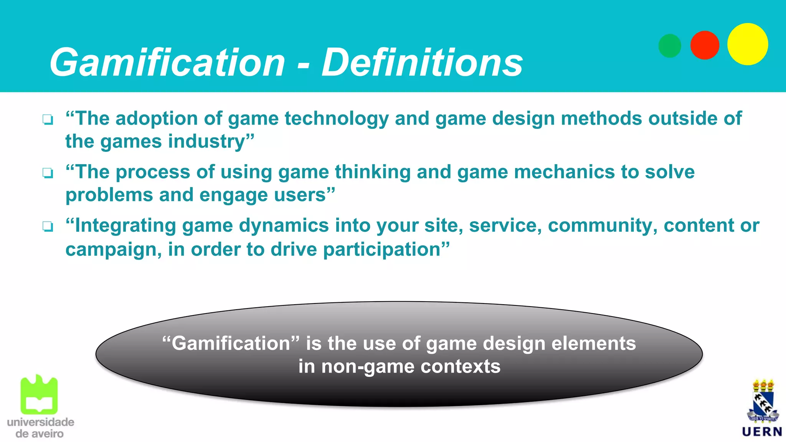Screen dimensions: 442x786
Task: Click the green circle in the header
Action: (670, 46)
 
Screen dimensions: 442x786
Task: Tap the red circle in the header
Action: (705, 45)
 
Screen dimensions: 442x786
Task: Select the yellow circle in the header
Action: (747, 44)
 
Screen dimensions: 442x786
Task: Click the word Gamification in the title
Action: (167, 63)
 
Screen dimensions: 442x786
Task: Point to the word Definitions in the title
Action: (422, 63)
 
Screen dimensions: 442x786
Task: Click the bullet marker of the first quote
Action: (48, 120)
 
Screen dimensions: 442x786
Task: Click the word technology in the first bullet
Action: (337, 119)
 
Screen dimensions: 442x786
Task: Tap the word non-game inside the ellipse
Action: (368, 367)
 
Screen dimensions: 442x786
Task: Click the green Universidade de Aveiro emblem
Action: (39, 395)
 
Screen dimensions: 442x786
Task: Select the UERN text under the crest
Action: (762, 432)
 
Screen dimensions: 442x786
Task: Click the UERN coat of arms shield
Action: (763, 405)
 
